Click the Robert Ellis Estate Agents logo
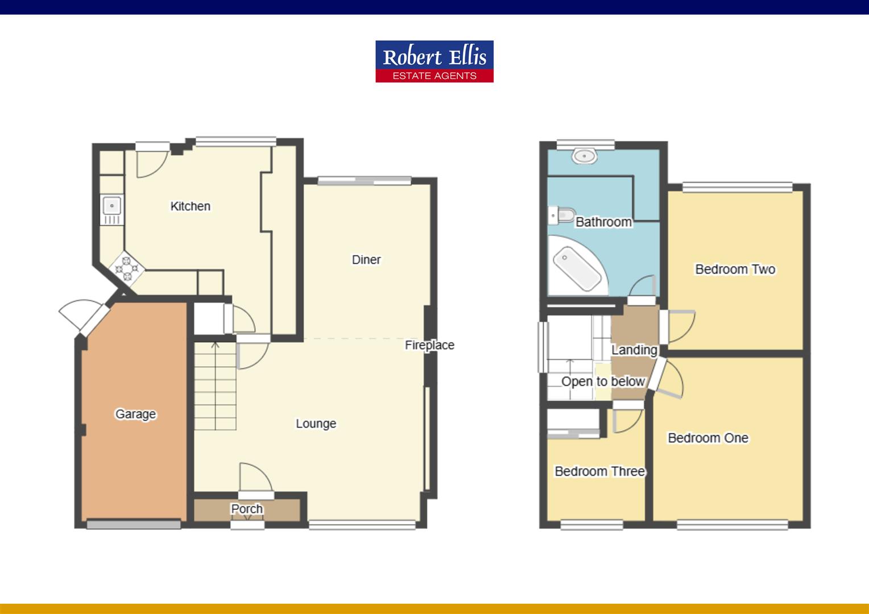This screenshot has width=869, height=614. pyautogui.click(x=434, y=61)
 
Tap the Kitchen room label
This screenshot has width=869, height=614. pyautogui.click(x=190, y=206)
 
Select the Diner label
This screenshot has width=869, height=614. pyautogui.click(x=366, y=260)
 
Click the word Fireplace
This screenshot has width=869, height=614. pyautogui.click(x=429, y=345)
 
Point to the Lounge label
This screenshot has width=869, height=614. pyautogui.click(x=316, y=424)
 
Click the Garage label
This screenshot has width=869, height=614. pyautogui.click(x=135, y=414)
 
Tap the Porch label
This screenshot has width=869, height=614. pyautogui.click(x=247, y=509)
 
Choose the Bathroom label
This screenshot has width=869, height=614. pyautogui.click(x=603, y=222)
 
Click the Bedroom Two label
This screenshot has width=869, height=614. pyautogui.click(x=735, y=269)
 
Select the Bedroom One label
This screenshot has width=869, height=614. pyautogui.click(x=707, y=438)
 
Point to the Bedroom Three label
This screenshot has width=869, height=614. pyautogui.click(x=599, y=471)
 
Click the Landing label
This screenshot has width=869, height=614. pyautogui.click(x=634, y=350)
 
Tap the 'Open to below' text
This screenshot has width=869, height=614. pyautogui.click(x=603, y=381)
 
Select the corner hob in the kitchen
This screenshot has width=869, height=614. pyautogui.click(x=127, y=268)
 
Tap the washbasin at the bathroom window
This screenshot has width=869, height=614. pyautogui.click(x=585, y=156)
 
